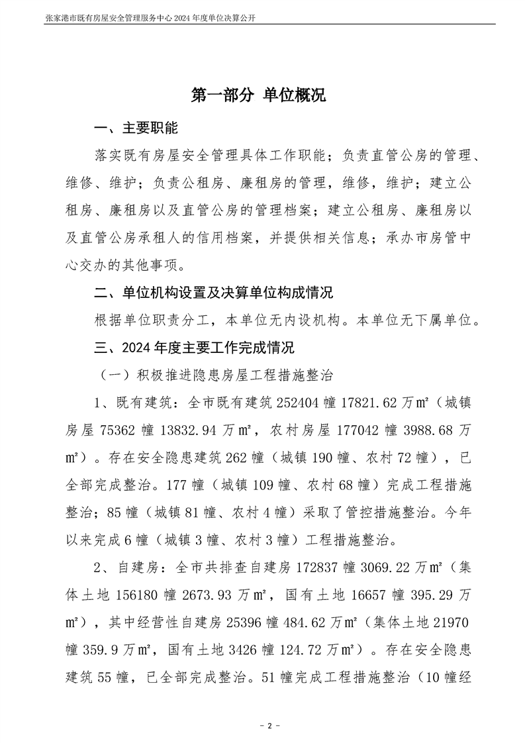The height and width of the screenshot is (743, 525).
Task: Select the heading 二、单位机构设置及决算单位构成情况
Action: (214, 293)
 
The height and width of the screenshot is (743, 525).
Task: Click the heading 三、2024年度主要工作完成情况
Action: (195, 348)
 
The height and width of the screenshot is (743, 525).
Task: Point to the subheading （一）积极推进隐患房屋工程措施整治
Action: (215, 375)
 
